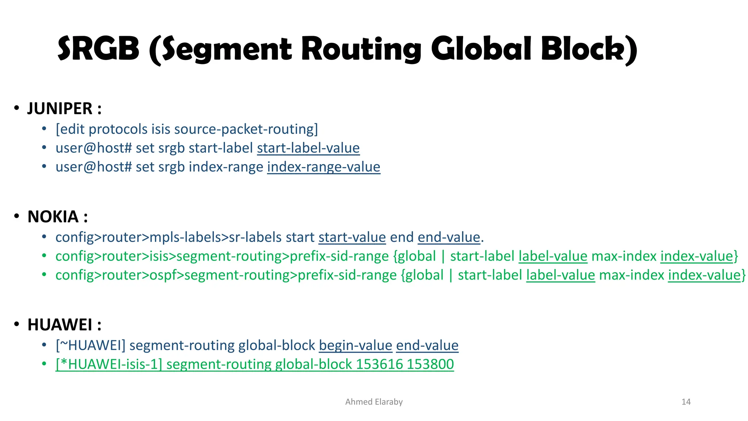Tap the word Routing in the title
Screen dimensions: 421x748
pyautogui.click(x=361, y=49)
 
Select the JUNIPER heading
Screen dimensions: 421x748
pyautogui.click(x=60, y=109)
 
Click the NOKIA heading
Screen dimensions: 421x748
pyautogui.click(x=53, y=217)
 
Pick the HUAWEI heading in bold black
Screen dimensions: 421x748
pyautogui.click(x=60, y=325)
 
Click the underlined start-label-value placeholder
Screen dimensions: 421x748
pyautogui.click(x=308, y=148)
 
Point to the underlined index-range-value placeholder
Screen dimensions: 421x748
pyautogui.click(x=324, y=167)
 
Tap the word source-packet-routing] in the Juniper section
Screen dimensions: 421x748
pyautogui.click(x=246, y=129)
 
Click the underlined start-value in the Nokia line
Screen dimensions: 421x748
pyautogui.click(x=352, y=238)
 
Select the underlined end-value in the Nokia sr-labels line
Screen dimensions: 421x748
pyautogui.click(x=449, y=238)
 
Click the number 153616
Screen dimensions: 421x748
pyautogui.click(x=379, y=364)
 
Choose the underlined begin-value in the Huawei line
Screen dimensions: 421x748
pyautogui.click(x=355, y=345)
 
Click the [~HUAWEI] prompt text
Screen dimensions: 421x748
pyautogui.click(x=90, y=345)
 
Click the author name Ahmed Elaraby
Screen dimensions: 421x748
pyautogui.click(x=374, y=402)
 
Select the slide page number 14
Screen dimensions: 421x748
pyautogui.click(x=686, y=402)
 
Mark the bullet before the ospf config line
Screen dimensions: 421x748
pyautogui.click(x=44, y=275)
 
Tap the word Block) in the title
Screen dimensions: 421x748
pyautogui.click(x=589, y=49)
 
